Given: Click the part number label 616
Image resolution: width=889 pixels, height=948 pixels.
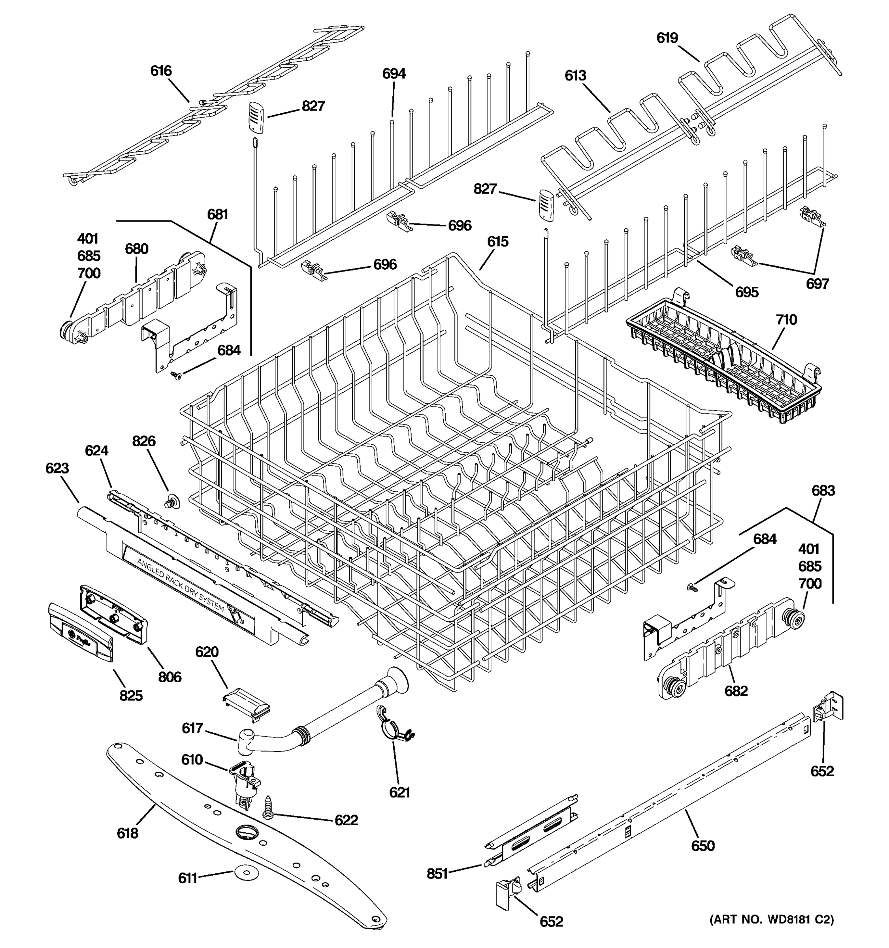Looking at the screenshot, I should coord(161,71).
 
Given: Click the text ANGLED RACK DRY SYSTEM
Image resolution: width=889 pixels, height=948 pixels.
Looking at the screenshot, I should coord(180,585).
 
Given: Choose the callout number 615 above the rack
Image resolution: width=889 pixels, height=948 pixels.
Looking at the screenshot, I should coord(497,242).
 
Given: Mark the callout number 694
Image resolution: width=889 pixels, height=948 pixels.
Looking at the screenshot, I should coord(394,74).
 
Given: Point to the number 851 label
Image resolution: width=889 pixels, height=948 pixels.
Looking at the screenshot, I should coord(437,874).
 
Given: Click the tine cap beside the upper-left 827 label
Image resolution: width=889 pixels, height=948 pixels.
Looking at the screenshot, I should coord(256,118).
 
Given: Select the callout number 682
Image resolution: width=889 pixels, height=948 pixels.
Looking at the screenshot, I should coord(736,691).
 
